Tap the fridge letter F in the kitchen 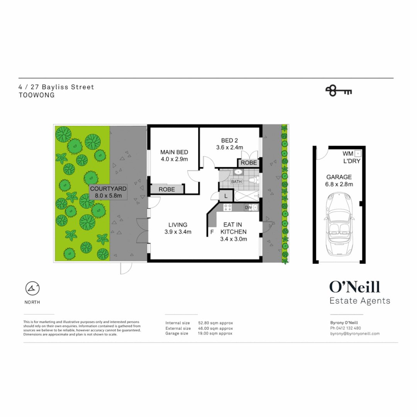[x=212, y=232]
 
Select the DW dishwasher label [x=249, y=208]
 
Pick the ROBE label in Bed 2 [x=249, y=163]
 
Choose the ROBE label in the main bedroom [x=166, y=189]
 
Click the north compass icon [x=32, y=288]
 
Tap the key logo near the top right [x=339, y=91]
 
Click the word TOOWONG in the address [x=37, y=95]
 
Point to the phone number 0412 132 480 [x=351, y=328]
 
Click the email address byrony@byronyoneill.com [x=355, y=334]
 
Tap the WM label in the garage [x=347, y=153]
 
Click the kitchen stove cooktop [x=227, y=208]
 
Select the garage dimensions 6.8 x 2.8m [x=339, y=184]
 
